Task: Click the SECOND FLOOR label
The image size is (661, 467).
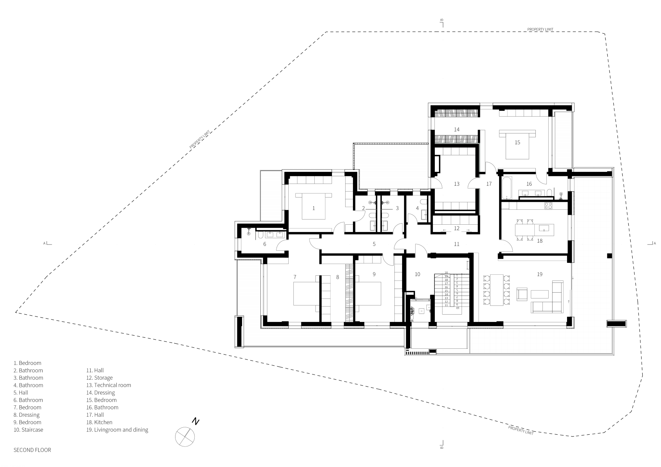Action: point(32,450)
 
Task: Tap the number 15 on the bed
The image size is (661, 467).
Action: point(517,142)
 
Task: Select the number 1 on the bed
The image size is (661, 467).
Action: point(314,208)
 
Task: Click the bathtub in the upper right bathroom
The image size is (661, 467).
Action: point(507,188)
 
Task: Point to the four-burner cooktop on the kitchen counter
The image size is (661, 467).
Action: point(548,206)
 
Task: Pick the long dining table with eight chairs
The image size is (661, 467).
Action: point(496,290)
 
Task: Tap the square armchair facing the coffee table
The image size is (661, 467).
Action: point(522,294)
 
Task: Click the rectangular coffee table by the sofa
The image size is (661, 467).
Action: point(539,294)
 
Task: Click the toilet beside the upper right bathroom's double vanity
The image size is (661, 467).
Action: point(549,193)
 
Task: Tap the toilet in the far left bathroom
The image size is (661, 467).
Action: point(260,235)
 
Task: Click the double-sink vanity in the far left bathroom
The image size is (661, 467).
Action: point(275,235)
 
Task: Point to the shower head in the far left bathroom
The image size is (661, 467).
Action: point(249,233)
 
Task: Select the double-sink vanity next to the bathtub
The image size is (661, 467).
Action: point(531,193)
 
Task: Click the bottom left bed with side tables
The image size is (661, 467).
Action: point(306,294)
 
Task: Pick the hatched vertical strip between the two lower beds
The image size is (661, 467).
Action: point(349,294)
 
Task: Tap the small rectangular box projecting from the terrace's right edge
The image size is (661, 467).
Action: point(616,323)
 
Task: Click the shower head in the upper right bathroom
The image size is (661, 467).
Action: point(561,195)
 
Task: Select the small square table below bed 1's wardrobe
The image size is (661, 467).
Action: point(349,228)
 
